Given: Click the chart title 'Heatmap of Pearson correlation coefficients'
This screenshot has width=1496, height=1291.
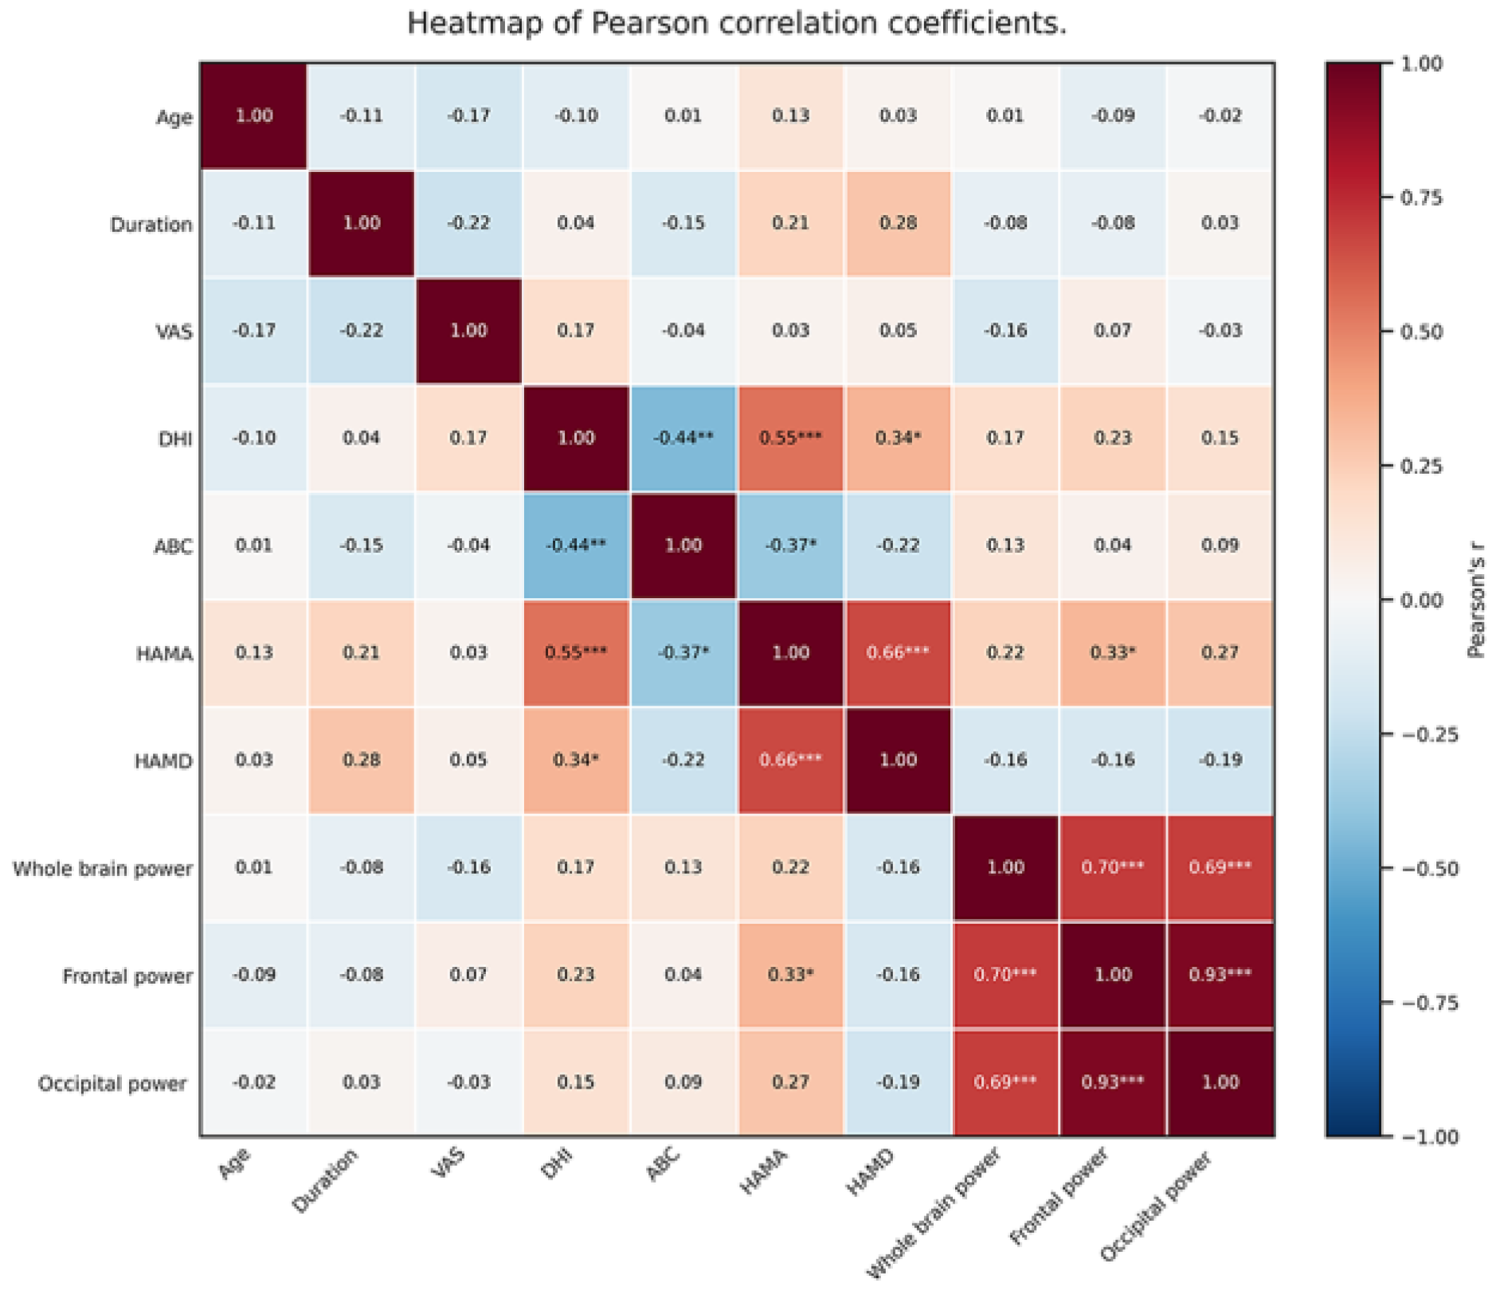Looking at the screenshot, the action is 736,24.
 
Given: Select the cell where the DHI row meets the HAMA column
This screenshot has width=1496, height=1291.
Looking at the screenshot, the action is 790,438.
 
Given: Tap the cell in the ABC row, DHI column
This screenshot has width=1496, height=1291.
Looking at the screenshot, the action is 576,546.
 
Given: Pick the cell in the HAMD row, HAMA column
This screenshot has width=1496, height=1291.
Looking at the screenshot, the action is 790,761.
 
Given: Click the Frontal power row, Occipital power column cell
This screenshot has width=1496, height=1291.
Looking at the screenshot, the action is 1220,975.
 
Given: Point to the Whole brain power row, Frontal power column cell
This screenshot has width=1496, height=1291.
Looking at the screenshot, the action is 1113,867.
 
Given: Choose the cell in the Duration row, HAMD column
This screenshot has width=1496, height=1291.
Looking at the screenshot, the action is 898,224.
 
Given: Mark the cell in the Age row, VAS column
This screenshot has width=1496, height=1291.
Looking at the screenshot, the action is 468,116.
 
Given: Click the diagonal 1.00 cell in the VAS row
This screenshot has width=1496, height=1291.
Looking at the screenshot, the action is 468,331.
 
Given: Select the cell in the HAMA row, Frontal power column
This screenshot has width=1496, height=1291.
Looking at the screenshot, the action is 1113,653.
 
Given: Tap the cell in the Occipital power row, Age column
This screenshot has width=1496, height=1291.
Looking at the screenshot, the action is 254,1082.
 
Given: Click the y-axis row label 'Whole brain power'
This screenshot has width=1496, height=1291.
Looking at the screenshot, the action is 103,868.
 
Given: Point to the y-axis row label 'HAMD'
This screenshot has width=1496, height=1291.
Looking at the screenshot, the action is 163,761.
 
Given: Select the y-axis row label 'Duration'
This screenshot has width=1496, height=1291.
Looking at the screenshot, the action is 151,225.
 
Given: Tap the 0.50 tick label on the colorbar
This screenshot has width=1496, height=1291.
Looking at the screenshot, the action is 1421,331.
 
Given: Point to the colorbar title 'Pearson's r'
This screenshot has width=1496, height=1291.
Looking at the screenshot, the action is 1476,600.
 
